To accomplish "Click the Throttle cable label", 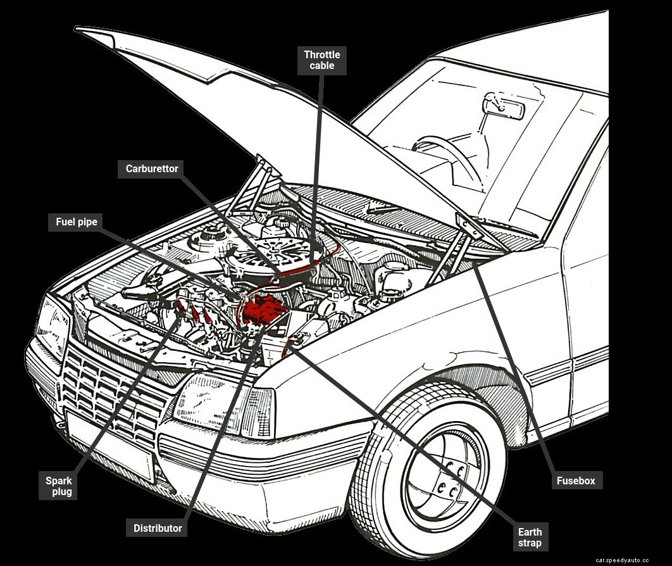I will point(322,60).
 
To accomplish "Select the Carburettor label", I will point(152,169).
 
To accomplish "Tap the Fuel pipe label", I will point(77,222).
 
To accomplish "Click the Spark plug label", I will point(58,486).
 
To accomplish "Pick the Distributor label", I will point(158,528).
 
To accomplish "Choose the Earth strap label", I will point(530,537).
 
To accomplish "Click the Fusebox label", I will point(576,481).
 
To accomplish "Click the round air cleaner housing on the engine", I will point(278,253).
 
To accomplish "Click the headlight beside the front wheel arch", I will point(209,403).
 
